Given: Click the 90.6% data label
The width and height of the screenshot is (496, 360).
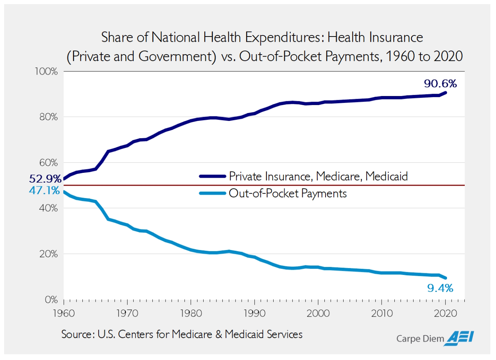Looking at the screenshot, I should [440, 84].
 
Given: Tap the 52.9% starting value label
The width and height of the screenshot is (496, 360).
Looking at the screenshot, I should [45, 178].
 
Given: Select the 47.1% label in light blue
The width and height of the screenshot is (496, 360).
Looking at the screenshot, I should [44, 191].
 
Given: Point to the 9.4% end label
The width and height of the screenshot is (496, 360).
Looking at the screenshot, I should [440, 288].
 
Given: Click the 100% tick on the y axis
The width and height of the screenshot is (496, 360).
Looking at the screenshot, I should [46, 72].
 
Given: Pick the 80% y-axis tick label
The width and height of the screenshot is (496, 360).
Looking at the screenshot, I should [49, 117].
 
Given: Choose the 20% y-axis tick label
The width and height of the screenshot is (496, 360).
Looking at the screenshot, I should [49, 254].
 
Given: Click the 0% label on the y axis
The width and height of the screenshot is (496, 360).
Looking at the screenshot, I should [51, 300].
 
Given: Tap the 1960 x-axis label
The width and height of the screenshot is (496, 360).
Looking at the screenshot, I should [64, 313].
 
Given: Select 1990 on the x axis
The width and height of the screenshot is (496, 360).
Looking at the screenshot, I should [254, 313].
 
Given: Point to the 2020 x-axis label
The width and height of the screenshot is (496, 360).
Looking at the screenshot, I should [445, 313].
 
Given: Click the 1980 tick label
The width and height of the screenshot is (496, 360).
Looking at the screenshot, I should [191, 313].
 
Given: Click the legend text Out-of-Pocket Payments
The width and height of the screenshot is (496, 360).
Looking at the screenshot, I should [288, 194].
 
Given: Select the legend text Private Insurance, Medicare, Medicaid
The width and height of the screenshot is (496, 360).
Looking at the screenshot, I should [318, 176].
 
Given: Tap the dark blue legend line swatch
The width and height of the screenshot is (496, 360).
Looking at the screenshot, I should [212, 176].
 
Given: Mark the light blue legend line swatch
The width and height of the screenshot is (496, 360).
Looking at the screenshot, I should [212, 194].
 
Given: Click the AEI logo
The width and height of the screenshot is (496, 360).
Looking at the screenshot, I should [459, 338].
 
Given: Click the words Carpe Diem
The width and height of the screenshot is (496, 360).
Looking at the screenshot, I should [420, 339].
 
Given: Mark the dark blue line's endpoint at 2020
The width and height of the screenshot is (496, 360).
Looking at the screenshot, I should [446, 93].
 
